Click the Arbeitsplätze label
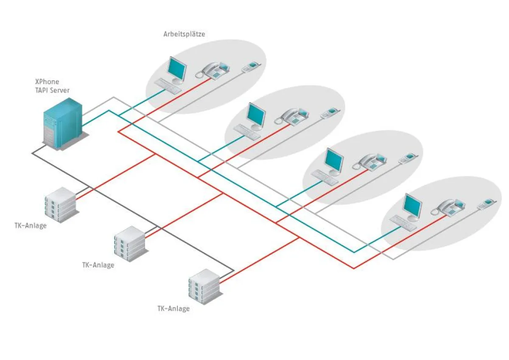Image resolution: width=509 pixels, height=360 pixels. tap(184, 34)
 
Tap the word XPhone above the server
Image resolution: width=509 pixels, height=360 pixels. tap(47, 82)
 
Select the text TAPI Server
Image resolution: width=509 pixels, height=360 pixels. tap(52, 90)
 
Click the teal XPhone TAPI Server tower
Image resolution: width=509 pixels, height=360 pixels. tap(63, 123)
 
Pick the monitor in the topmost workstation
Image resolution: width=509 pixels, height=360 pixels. tap(176, 69)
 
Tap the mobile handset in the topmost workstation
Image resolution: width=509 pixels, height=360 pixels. tap(251, 66)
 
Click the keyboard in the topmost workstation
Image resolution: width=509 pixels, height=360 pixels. tap(168, 86)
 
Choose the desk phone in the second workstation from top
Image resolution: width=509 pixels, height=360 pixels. tap(293, 116)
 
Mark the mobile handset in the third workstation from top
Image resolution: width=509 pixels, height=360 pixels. tap(408, 158)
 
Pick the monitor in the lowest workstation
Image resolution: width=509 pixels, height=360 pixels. tap(412, 206)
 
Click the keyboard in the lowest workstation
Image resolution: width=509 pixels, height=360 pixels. tap(403, 223)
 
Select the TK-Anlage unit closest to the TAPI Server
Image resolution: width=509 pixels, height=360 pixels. tap(60, 205)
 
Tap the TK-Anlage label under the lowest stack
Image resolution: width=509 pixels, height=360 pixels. tap(173, 309)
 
